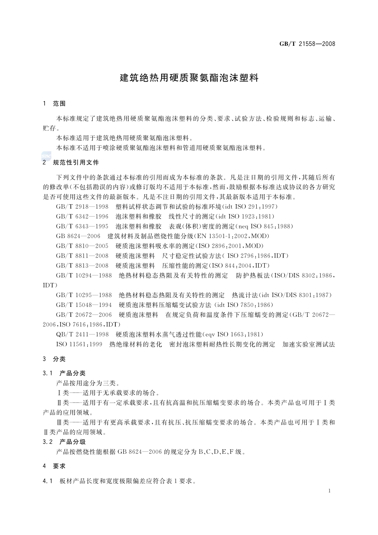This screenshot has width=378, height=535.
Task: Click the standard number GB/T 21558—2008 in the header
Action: [x=308, y=44]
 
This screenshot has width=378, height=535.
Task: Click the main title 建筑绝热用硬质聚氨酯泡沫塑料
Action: [x=189, y=78]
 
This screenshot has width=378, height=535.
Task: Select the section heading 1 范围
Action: [x=54, y=104]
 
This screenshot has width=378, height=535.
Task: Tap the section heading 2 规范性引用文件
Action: [x=71, y=162]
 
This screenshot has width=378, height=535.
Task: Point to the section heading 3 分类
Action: [x=54, y=359]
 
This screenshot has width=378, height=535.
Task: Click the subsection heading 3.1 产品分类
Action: [x=64, y=373]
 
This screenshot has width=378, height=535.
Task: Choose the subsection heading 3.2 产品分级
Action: [x=64, y=442]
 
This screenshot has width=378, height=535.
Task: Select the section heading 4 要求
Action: [x=54, y=466]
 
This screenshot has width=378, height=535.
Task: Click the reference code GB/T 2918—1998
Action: [x=82, y=207]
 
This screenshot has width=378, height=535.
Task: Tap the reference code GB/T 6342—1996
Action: [x=82, y=217]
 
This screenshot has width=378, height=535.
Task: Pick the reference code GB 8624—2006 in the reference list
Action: [x=78, y=236]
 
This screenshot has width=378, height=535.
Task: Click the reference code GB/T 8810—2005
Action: [x=82, y=246]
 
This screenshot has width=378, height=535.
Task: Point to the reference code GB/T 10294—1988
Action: [x=84, y=275]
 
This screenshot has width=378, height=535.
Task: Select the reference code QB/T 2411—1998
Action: [x=82, y=334]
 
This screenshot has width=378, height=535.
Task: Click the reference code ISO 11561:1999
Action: [x=79, y=344]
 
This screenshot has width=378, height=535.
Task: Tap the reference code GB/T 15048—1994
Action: [x=84, y=305]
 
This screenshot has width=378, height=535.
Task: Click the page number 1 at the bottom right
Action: [x=330, y=491]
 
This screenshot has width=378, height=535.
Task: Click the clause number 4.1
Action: [x=48, y=481]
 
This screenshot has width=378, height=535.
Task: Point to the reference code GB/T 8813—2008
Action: [x=82, y=266]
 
